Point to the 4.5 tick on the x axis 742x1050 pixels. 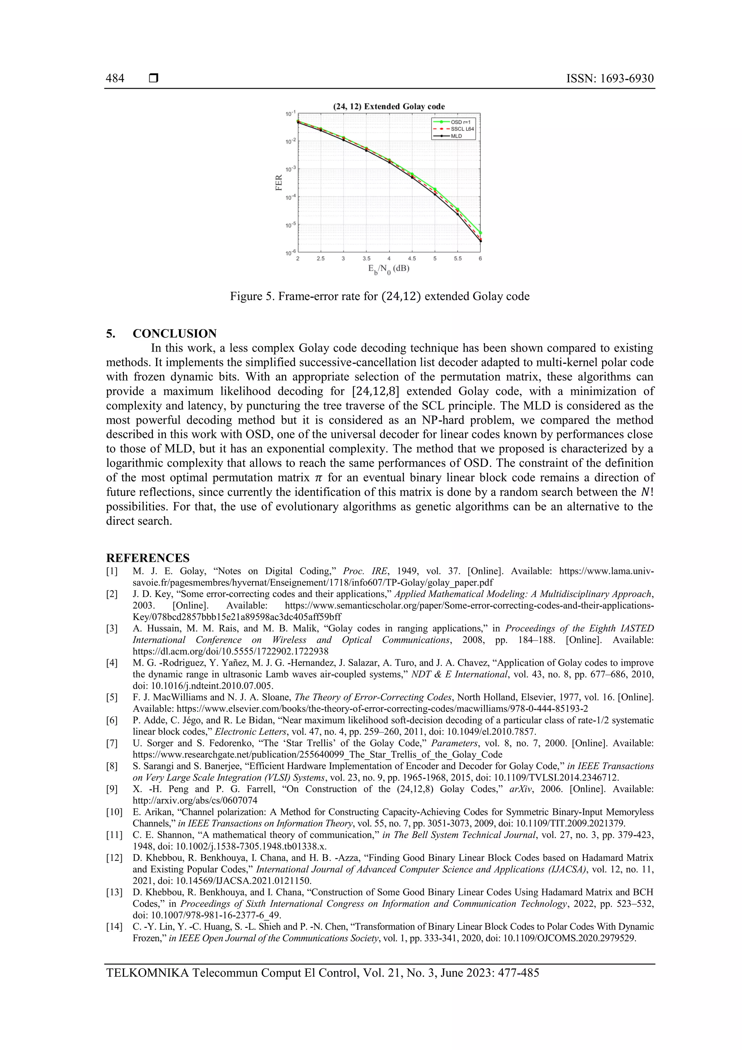click(412, 259)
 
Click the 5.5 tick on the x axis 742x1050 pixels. click(458, 259)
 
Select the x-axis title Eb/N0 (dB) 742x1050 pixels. click(389, 269)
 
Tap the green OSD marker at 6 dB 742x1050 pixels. click(480, 233)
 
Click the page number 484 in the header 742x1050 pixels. click(115, 79)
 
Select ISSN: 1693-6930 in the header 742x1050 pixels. click(610, 79)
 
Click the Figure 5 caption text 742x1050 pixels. click(379, 296)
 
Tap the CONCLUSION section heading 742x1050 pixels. click(174, 333)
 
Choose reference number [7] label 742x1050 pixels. click(112, 743)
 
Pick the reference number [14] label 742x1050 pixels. click(114, 926)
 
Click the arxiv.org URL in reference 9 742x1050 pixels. click(195, 800)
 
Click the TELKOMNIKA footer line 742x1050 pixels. click(322, 973)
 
